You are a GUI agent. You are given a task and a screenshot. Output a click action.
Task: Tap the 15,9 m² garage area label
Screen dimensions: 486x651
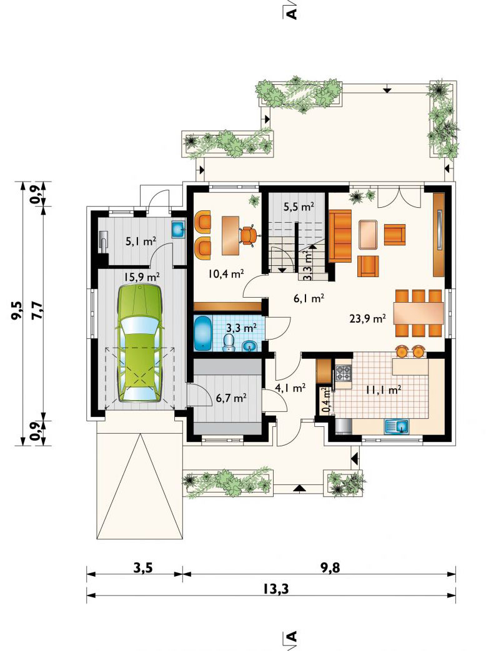point(142,276)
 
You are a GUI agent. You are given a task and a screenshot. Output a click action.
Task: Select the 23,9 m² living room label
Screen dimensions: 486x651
point(368,318)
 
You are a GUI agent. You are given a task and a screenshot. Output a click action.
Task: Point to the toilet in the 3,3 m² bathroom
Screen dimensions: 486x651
point(229,343)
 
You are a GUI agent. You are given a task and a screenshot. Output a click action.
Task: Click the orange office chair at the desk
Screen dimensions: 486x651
point(248,235)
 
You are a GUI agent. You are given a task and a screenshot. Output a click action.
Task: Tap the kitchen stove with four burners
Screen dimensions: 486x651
point(343,373)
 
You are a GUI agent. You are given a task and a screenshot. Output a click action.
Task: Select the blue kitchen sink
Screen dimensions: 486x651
point(397,426)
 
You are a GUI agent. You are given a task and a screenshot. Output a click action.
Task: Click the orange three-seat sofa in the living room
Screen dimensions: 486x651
point(340,235)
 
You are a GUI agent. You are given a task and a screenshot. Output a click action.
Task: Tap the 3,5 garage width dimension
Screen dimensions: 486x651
point(142,567)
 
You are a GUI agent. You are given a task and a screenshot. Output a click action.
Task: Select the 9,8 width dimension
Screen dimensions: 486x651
point(330,567)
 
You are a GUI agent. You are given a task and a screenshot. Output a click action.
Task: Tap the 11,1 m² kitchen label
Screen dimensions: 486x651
point(383,389)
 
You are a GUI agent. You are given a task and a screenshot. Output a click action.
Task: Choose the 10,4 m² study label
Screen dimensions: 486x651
point(226,273)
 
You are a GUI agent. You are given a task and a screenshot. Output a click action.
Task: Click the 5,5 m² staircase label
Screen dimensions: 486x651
point(299,207)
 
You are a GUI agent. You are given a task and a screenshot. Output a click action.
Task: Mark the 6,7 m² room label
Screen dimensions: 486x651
point(231,399)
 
